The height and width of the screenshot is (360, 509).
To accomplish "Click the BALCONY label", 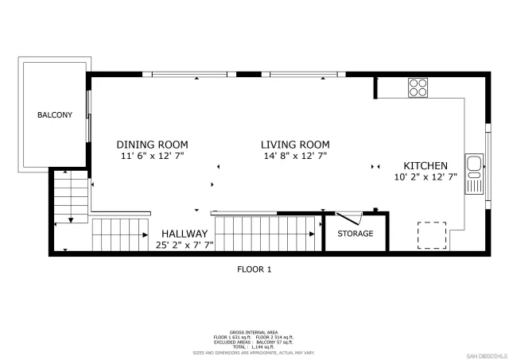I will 54,115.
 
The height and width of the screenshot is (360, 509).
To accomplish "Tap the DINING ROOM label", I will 152,145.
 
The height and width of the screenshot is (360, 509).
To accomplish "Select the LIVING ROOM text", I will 296,145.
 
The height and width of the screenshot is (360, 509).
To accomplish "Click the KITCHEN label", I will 425,166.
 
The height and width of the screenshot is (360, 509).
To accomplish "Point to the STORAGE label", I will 355,234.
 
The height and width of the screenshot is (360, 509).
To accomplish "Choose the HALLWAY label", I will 185,234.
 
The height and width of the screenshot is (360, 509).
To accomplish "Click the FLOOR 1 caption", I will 254,269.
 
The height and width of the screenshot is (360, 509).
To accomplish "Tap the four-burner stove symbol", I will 418,88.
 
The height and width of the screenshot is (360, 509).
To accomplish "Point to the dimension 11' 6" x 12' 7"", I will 152,157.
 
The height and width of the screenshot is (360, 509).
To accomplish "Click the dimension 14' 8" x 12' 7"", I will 296,157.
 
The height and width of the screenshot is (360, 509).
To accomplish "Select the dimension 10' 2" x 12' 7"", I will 425,178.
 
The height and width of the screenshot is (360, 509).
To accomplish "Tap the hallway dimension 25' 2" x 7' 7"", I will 185,246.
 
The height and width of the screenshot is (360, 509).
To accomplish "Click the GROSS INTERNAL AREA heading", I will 254,332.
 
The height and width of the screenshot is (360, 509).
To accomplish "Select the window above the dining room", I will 194,75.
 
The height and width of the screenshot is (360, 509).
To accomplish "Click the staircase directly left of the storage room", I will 267,234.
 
